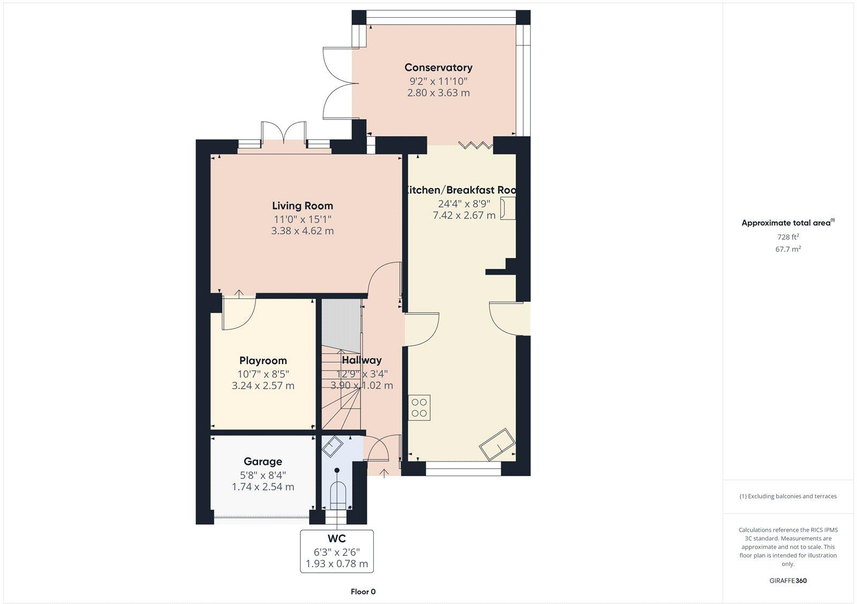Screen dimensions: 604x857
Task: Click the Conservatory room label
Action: pyautogui.click(x=438, y=67)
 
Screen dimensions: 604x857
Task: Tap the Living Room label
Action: pyautogui.click(x=302, y=206)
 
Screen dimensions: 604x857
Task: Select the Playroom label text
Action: pyautogui.click(x=263, y=360)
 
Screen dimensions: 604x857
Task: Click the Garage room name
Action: pyautogui.click(x=262, y=461)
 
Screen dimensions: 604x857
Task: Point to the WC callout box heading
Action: pyautogui.click(x=336, y=538)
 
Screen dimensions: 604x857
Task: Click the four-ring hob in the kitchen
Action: pyautogui.click(x=419, y=407)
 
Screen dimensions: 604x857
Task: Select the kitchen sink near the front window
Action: pyautogui.click(x=497, y=443)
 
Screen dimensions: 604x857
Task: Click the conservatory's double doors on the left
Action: pyautogui.click(x=337, y=82)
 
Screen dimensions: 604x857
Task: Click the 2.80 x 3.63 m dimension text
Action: pyautogui.click(x=438, y=93)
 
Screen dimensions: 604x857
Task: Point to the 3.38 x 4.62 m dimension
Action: pyautogui.click(x=302, y=231)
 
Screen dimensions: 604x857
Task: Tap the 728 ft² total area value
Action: pyautogui.click(x=788, y=237)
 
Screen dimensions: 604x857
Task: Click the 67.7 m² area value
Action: pyautogui.click(x=788, y=249)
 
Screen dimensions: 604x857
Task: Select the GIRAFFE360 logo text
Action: pyautogui.click(x=788, y=580)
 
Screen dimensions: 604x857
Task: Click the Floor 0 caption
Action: pyautogui.click(x=363, y=592)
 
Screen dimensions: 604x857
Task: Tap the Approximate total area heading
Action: pyautogui.click(x=786, y=223)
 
